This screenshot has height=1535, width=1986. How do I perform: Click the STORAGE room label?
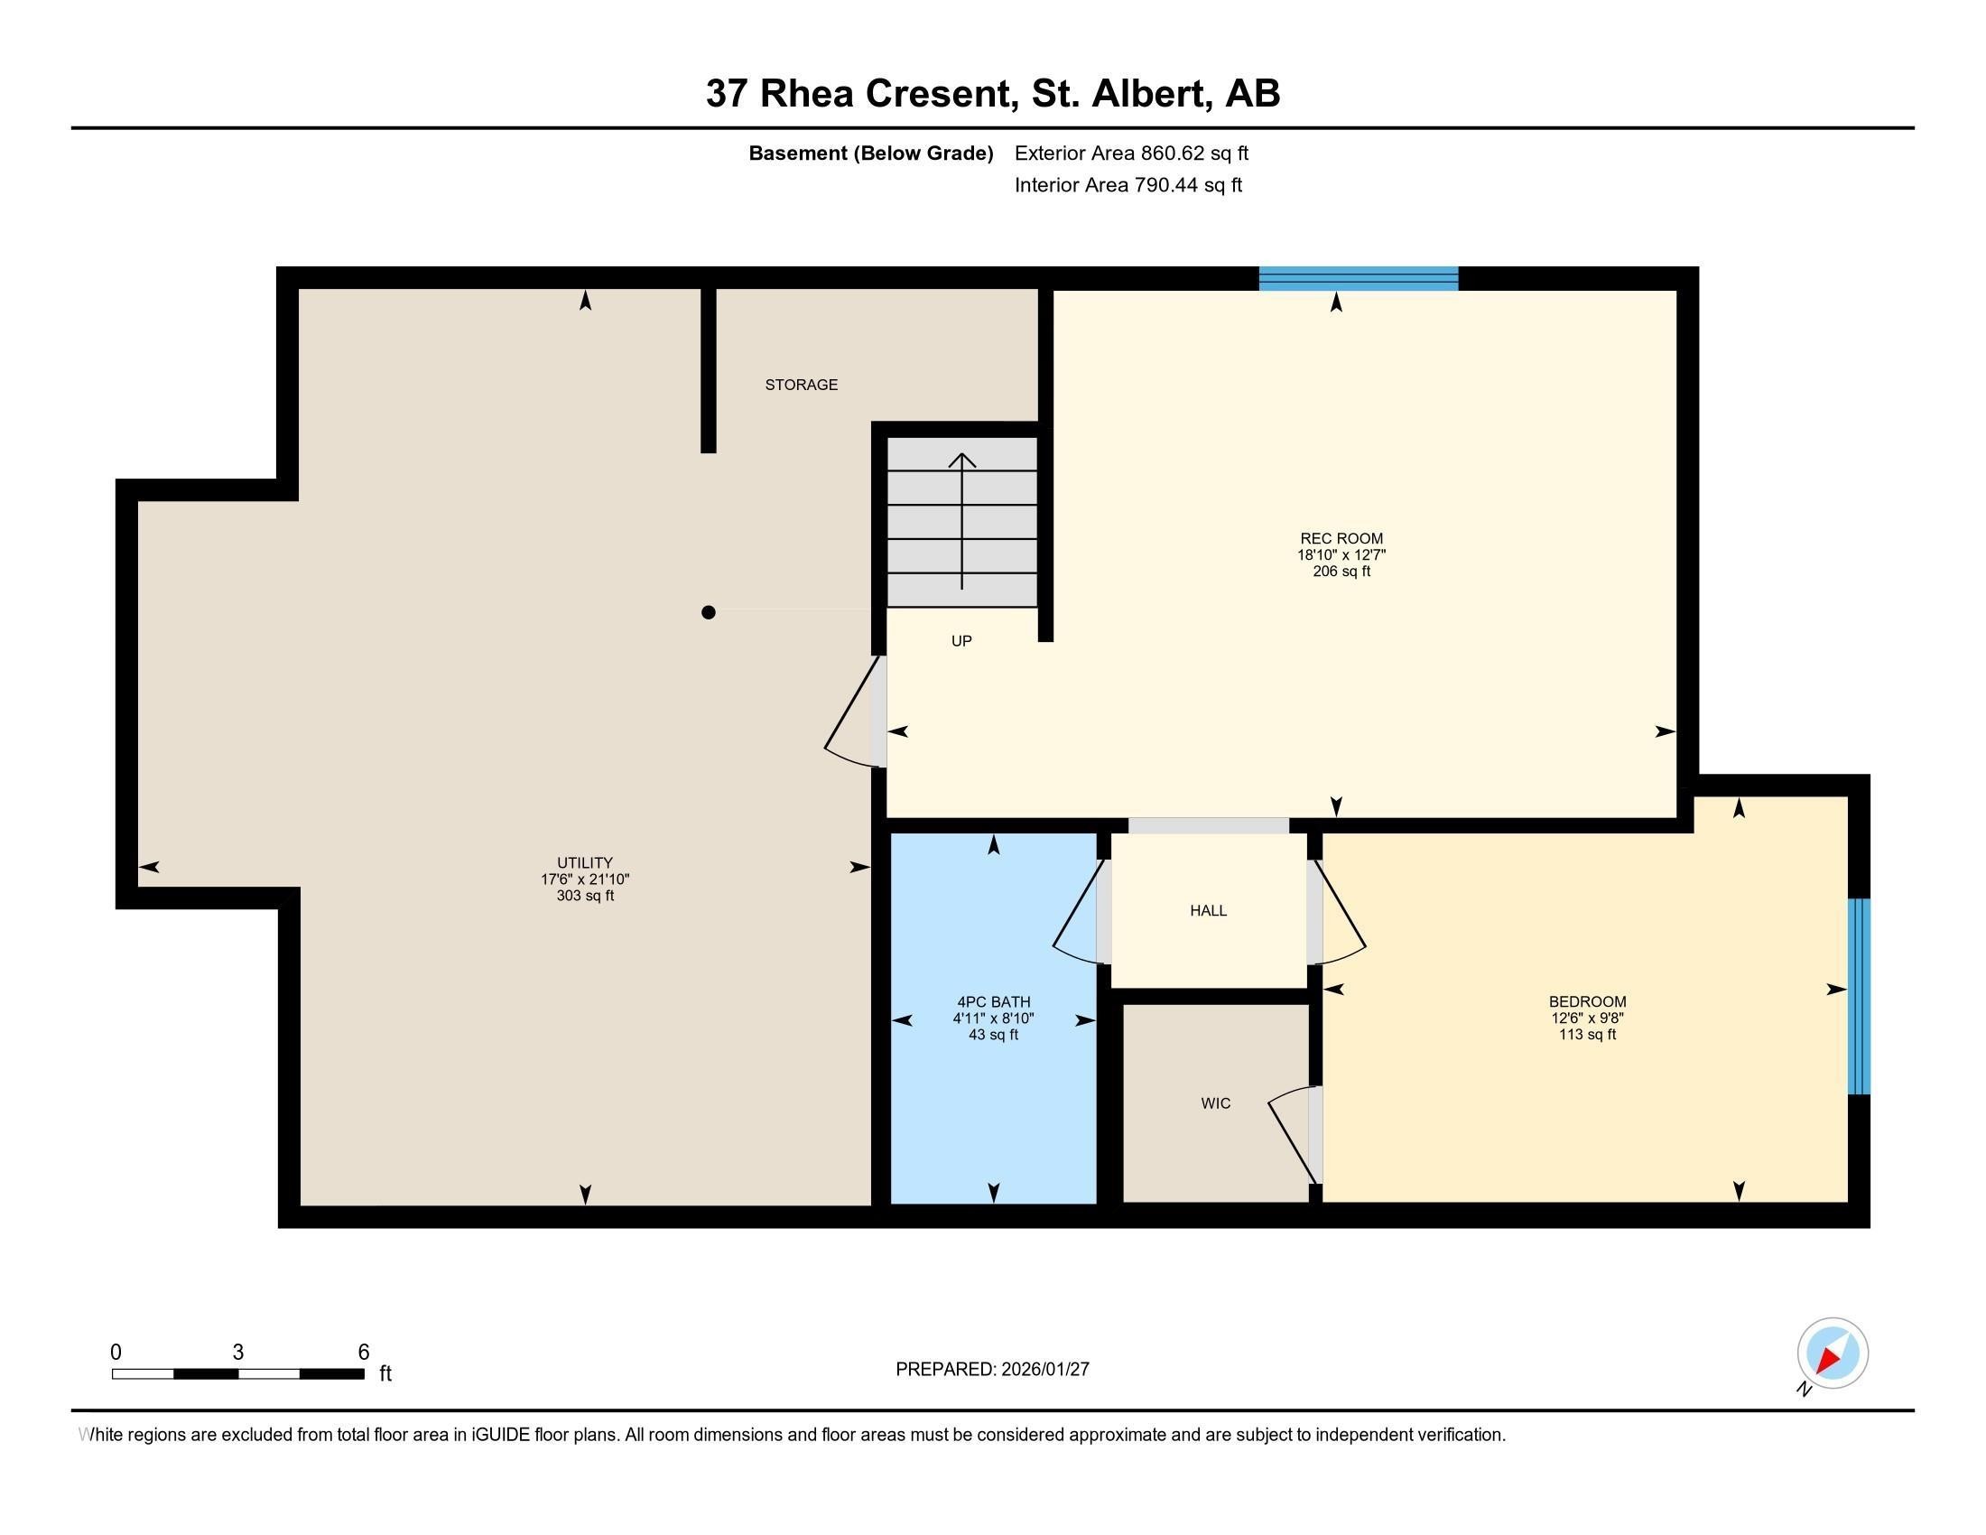tap(800, 385)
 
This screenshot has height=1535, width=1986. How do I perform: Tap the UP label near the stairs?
tap(961, 641)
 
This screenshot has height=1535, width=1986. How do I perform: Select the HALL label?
tap(1208, 910)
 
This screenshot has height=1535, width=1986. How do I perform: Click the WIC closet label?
tap(1215, 1103)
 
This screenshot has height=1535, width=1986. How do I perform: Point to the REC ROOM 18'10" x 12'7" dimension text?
tap(1341, 554)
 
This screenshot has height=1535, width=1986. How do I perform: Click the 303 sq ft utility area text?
tap(585, 896)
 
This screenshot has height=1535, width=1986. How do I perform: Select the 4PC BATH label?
tap(993, 1002)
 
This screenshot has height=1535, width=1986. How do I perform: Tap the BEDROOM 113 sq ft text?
tap(1587, 1034)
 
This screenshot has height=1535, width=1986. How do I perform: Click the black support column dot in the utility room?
tap(709, 612)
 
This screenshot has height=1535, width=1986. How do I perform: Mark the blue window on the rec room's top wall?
tap(1358, 278)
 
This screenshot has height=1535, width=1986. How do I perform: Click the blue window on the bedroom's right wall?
tap(1859, 996)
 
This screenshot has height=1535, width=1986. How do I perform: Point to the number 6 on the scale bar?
tap(364, 1353)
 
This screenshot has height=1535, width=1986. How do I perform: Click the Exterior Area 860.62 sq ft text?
tap(1130, 153)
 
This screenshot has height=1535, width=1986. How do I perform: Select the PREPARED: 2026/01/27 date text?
tap(992, 1370)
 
